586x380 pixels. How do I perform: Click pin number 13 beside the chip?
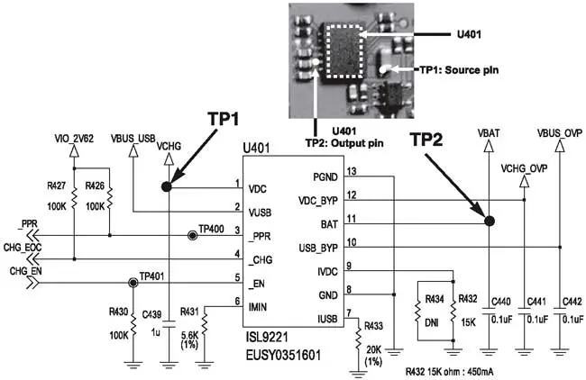pos(353,171)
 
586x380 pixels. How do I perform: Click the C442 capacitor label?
pos(570,302)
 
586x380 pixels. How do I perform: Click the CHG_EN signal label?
pos(25,269)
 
